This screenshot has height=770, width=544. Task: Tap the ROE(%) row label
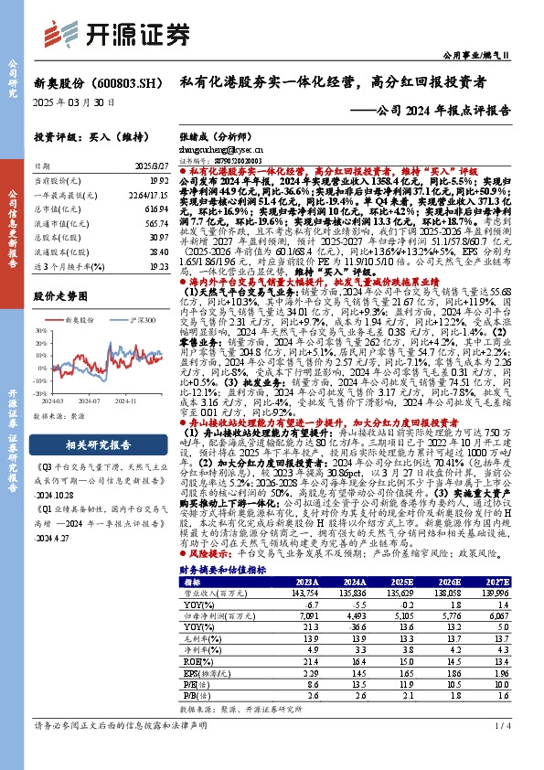pos(194,658)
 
